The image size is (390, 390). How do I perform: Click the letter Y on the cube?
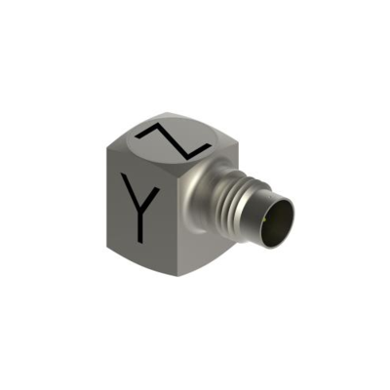tap(140, 208)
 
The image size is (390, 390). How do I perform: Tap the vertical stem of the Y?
tap(140, 225)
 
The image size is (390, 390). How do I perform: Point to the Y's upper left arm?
tap(131, 191)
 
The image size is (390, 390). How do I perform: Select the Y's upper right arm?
tap(150, 198)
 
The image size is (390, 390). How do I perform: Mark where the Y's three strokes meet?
tap(140, 208)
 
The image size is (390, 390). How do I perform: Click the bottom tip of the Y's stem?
tap(140, 243)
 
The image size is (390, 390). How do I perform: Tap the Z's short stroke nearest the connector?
tap(197, 151)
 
